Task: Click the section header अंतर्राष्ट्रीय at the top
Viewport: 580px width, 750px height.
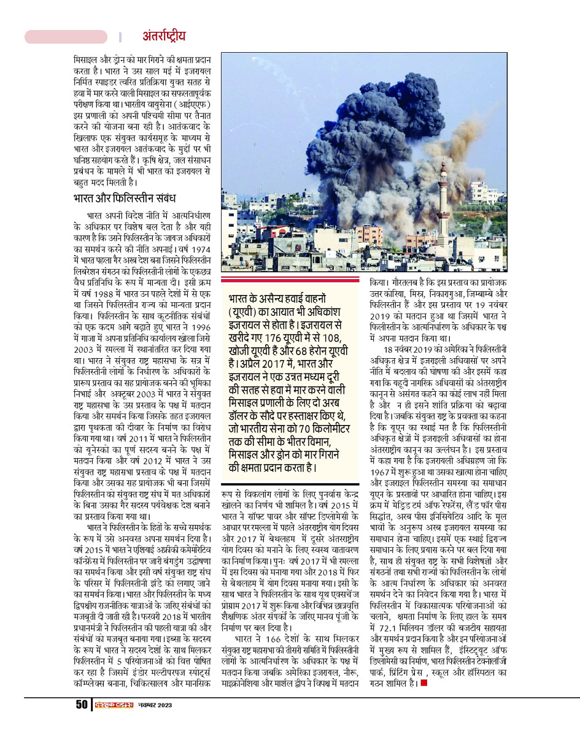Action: click(x=164, y=36)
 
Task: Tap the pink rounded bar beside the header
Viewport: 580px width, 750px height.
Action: click(x=66, y=37)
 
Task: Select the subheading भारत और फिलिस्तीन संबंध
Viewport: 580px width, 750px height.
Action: click(x=125, y=199)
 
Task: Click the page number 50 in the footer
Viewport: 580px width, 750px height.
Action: click(x=82, y=705)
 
